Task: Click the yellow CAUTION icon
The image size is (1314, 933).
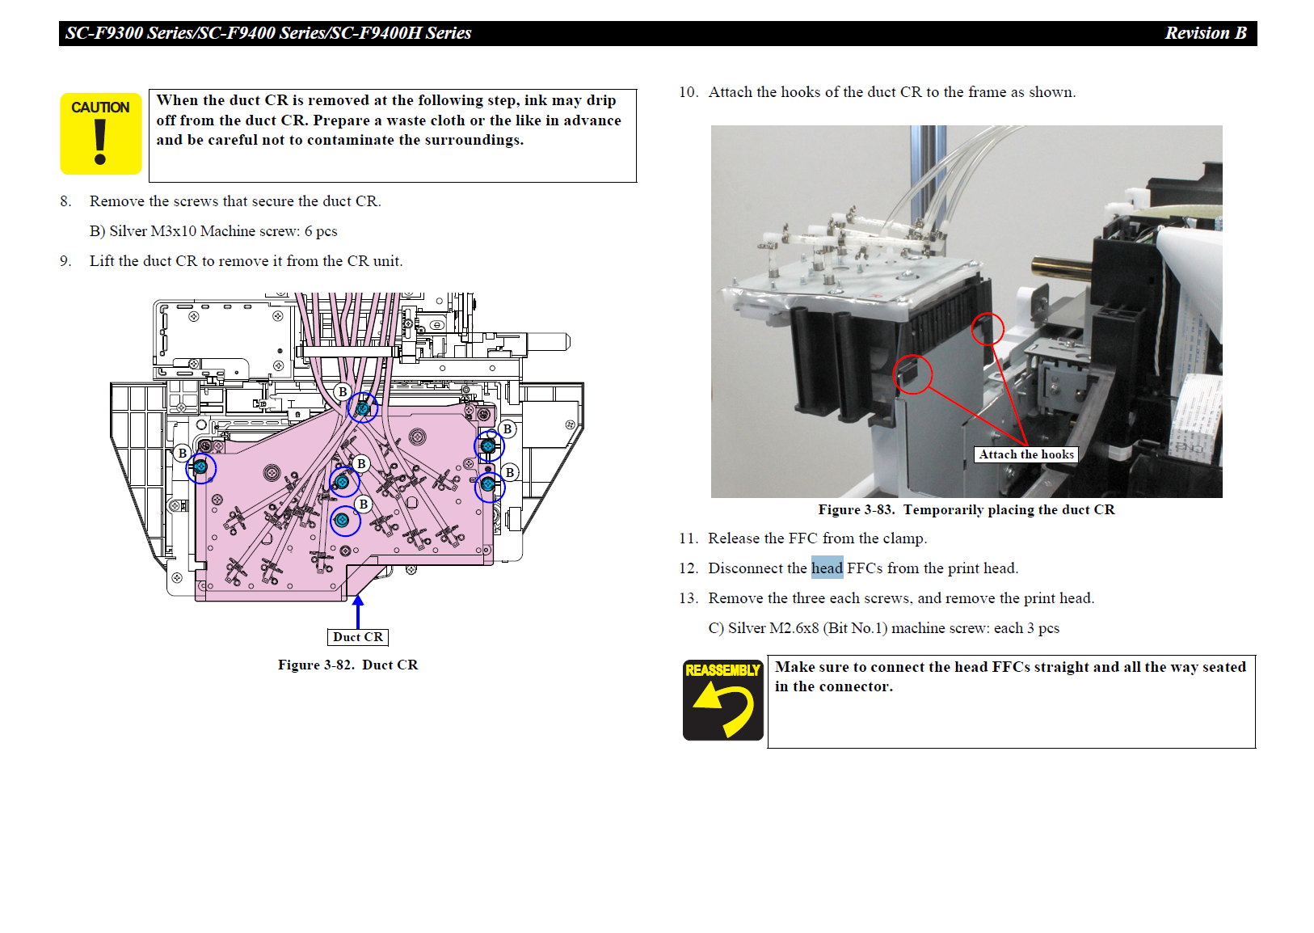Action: click(x=101, y=133)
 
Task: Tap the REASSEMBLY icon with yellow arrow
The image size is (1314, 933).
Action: click(x=722, y=699)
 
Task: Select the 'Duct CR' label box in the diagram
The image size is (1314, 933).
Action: click(x=358, y=637)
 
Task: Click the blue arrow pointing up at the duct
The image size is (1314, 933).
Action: click(x=358, y=610)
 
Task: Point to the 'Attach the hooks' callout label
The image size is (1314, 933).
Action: click(x=1026, y=454)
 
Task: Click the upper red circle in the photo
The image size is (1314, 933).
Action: click(x=987, y=329)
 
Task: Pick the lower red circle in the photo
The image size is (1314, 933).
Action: click(x=912, y=374)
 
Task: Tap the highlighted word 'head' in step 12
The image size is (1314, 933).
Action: click(x=827, y=568)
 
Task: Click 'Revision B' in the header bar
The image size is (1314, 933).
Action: click(x=1205, y=33)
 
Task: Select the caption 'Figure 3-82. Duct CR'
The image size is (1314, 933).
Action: click(x=347, y=665)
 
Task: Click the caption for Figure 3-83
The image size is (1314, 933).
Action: click(x=966, y=509)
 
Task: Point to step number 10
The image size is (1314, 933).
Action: click(x=688, y=92)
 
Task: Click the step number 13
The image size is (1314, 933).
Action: click(x=688, y=598)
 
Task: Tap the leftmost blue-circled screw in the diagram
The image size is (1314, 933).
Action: click(x=200, y=467)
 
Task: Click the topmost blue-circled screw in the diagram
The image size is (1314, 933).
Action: click(x=363, y=408)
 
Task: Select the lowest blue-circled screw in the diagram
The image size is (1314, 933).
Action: click(x=343, y=521)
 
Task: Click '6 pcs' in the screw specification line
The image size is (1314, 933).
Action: click(x=321, y=231)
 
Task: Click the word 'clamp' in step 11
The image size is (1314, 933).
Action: click(x=903, y=538)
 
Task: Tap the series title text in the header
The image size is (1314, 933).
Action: click(x=268, y=33)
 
